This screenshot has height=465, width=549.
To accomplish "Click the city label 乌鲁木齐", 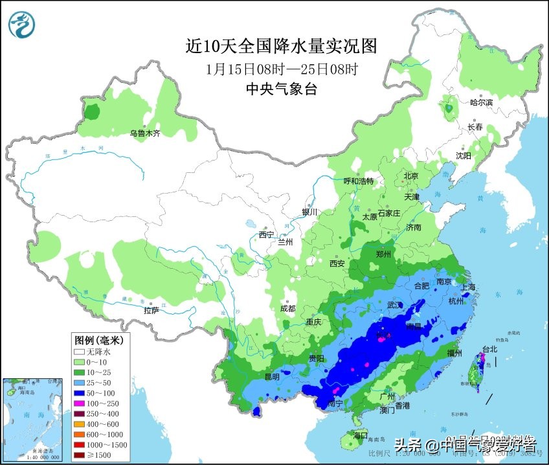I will tap(144, 133).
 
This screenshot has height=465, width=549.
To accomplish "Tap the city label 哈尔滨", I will tap(480, 103).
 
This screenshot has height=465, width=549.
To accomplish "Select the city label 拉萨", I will tap(151, 310).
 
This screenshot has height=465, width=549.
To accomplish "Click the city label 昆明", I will tap(271, 377).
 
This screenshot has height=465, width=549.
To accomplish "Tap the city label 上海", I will tap(467, 287).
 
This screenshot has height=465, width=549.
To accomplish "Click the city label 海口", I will tap(361, 435).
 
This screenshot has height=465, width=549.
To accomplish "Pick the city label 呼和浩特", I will tap(358, 181).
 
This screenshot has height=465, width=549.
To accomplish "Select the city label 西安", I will tap(337, 264).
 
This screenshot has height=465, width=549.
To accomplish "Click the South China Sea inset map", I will tap(35, 418).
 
